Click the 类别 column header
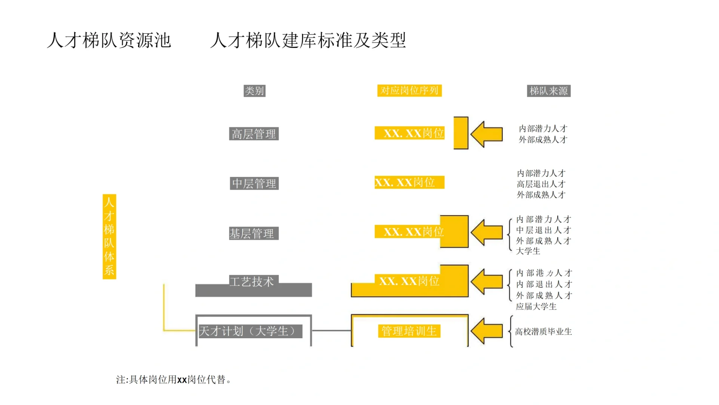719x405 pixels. pos(254,91)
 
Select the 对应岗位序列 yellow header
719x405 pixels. pos(409,91)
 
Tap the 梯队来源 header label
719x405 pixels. pos(548,91)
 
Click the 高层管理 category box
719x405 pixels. pos(254,134)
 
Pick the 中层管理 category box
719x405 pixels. pos(254,183)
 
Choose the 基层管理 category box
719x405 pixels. pos(253,233)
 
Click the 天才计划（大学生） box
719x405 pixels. pos(250,331)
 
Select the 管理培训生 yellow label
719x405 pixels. pos(409,331)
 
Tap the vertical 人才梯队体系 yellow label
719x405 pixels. pos(109,236)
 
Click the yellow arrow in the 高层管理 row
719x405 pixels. pos(487,134)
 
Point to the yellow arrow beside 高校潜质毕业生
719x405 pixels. pos(487,331)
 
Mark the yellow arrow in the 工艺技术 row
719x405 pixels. pos(487,282)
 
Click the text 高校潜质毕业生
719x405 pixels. pos(543,331)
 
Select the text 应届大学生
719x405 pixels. pos(536,306)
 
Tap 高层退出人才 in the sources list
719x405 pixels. pos(541,184)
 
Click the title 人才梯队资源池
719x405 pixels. pos(109,40)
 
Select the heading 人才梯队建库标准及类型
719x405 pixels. pos(308,40)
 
